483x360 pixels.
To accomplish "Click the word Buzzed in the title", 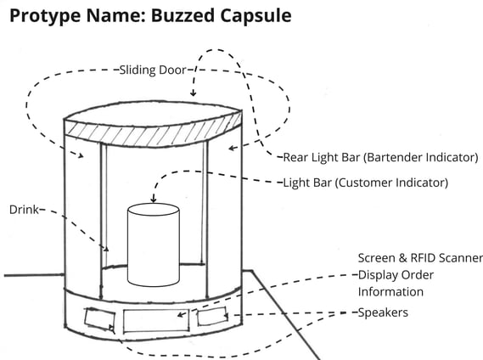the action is [x=183, y=15].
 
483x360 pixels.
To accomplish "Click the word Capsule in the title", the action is [x=256, y=16].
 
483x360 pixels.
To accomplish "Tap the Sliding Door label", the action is [x=153, y=70].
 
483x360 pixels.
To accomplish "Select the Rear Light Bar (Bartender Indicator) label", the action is [x=381, y=157].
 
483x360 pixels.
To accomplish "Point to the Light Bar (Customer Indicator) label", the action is [x=365, y=183].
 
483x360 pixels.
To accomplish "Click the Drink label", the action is [x=25, y=210].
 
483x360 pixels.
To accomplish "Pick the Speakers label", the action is [x=383, y=312].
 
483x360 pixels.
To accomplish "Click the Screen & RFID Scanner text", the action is [x=420, y=258].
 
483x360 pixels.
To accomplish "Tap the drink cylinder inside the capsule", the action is [x=154, y=245].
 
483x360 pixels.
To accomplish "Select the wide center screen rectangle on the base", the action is [x=156, y=321].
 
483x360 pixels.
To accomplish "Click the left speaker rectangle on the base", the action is [x=100, y=319].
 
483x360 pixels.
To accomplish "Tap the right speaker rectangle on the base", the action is [x=212, y=316].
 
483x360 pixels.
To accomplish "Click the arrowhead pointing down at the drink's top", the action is [x=154, y=200].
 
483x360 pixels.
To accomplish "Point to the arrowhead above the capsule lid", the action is [x=193, y=93].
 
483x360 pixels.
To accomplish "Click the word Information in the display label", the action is [x=390, y=292].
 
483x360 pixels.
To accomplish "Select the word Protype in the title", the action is [x=46, y=16].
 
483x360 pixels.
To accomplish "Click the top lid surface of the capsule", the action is [x=153, y=114].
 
